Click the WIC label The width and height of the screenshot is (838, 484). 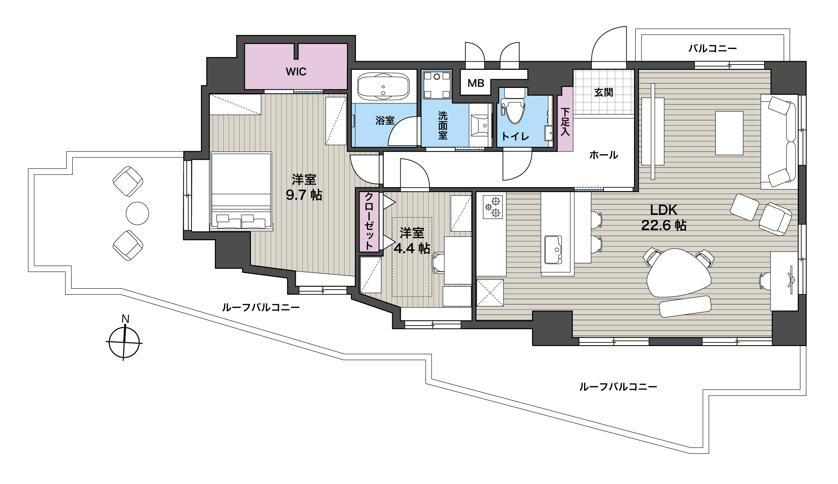click(296, 71)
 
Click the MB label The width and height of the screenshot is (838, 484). click(476, 83)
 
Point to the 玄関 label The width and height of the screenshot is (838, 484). click(604, 92)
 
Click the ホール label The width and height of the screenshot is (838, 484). click(604, 155)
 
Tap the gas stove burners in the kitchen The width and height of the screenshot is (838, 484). click(492, 207)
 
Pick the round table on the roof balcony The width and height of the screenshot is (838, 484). click(137, 213)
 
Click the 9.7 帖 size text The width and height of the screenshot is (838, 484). click(304, 195)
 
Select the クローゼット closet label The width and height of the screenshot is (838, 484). click(369, 222)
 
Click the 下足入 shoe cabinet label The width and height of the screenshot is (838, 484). click(565, 122)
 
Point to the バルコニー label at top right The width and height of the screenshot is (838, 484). click(713, 49)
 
